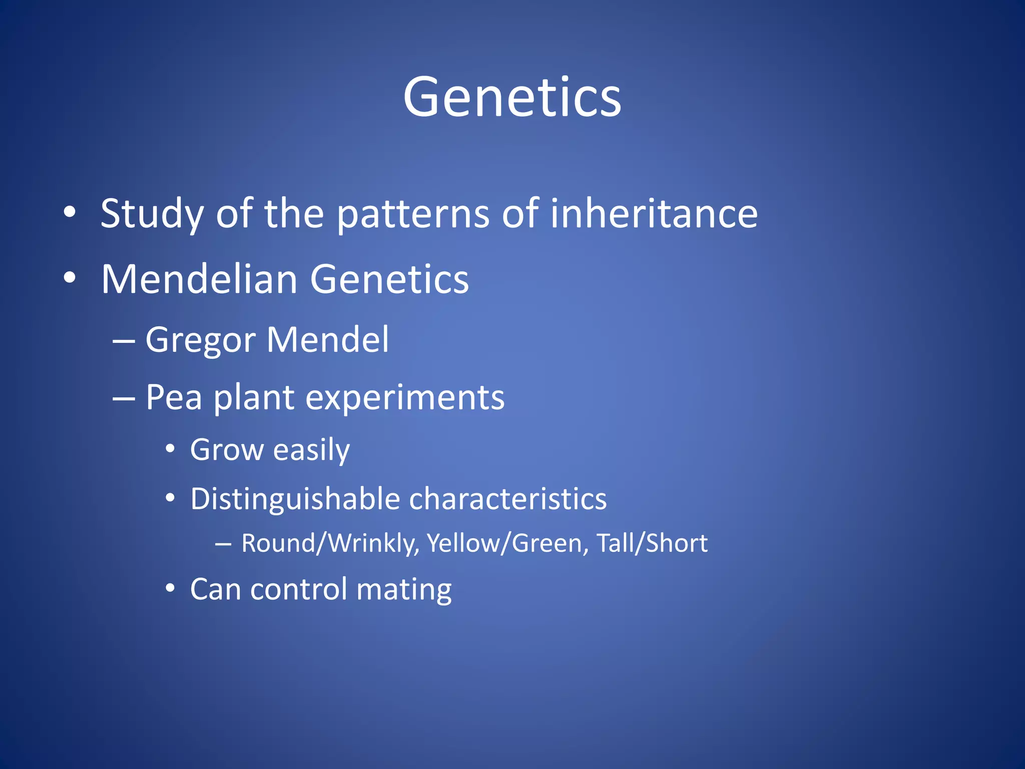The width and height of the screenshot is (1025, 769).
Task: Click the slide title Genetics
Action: [512, 98]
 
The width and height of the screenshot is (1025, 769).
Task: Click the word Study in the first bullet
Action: [152, 214]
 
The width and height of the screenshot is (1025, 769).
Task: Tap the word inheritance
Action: [654, 213]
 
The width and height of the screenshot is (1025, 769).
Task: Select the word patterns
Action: [412, 214]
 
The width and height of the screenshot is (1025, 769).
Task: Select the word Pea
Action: [174, 398]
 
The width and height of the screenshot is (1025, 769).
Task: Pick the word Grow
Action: [226, 450]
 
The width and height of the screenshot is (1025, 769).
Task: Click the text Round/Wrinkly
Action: [329, 544]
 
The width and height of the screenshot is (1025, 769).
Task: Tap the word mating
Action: [404, 590]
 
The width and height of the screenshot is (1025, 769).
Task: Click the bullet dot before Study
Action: [70, 212]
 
